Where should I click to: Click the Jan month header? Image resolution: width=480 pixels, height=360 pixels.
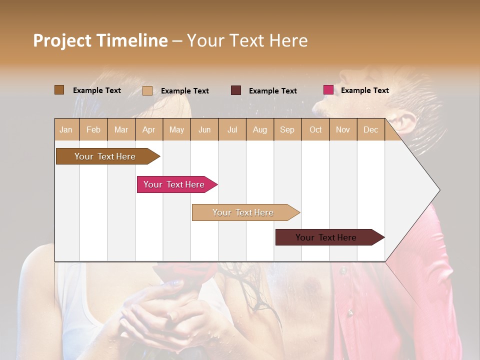click(66, 129)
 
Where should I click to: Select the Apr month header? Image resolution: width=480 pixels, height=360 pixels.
click(148, 129)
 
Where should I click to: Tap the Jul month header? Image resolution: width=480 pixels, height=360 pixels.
click(232, 129)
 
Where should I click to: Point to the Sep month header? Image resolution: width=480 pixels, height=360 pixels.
click(287, 129)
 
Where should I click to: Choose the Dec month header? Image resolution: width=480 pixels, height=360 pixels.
click(370, 129)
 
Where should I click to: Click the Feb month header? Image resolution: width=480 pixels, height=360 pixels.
click(93, 129)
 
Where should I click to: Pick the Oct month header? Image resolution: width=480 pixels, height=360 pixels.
click(315, 129)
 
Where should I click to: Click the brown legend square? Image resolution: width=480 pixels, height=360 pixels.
click(59, 90)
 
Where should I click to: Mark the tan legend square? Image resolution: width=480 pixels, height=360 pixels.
click(147, 90)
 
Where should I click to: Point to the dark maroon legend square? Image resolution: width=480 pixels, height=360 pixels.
click(236, 90)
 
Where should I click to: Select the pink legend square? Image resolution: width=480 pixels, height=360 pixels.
click(328, 90)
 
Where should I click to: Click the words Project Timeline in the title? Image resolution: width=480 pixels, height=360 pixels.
click(100, 40)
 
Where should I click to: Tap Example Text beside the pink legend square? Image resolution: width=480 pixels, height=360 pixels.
click(364, 90)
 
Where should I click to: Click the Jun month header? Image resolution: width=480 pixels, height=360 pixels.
click(204, 129)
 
